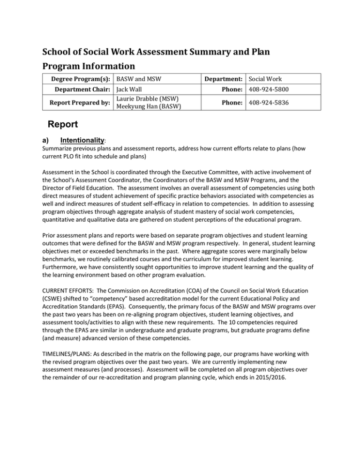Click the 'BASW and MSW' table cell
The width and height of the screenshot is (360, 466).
pos(139,79)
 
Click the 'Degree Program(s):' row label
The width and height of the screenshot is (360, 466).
pos(83,79)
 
